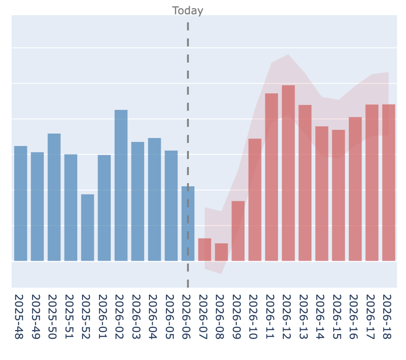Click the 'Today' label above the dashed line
click(187, 11)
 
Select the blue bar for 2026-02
click(121, 185)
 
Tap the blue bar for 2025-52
click(87, 227)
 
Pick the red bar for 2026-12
click(288, 173)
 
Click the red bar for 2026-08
click(221, 252)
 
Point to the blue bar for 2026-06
click(188, 223)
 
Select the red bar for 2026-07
click(205, 249)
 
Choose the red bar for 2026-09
click(238, 230)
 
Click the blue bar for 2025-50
click(54, 197)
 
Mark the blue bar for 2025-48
click(21, 203)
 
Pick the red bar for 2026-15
click(338, 195)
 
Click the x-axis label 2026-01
click(104, 317)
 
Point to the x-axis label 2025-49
click(37, 317)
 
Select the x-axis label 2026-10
click(255, 317)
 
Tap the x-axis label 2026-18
click(389, 317)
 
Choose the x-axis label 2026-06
click(188, 317)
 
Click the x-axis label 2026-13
click(305, 317)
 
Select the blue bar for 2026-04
click(154, 199)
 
